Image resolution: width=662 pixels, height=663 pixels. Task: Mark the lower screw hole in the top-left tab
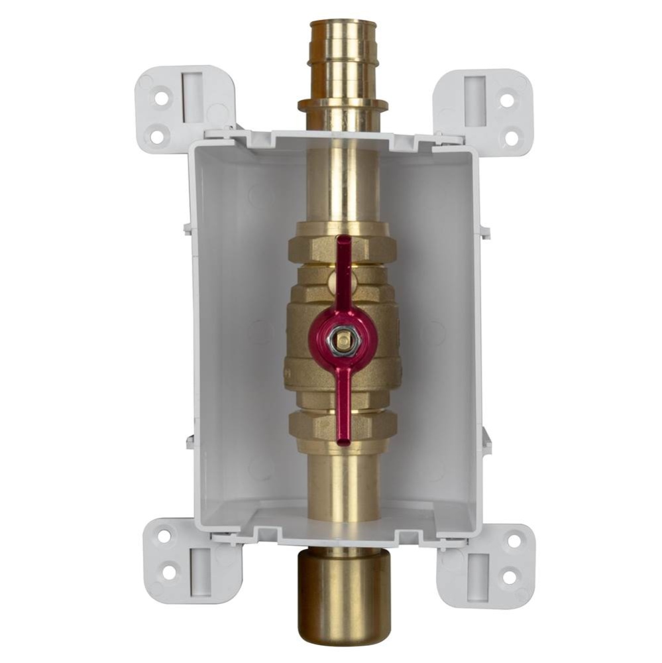point(156,137)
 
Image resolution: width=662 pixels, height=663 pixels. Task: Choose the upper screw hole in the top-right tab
point(507,100)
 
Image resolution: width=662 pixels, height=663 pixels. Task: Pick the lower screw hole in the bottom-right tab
point(508,577)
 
